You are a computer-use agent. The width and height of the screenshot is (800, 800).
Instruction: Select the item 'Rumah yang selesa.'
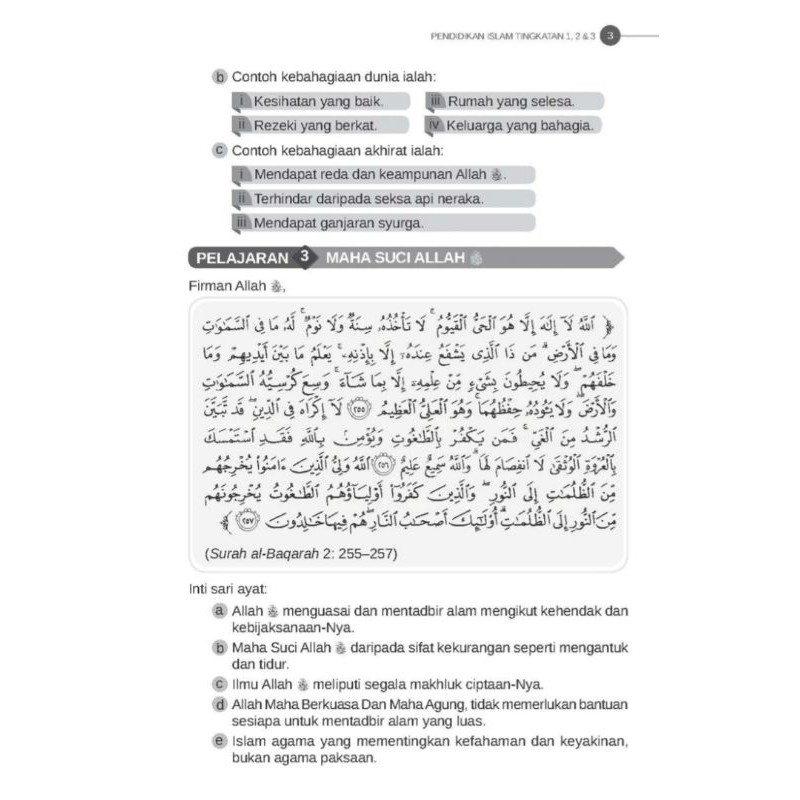click(x=510, y=101)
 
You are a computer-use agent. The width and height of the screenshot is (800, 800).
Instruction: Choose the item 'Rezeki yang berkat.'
click(x=315, y=125)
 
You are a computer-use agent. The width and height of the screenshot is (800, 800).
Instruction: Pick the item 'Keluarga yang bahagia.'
click(x=521, y=125)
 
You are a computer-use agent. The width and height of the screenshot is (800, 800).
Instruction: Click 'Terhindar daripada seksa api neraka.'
click(x=368, y=199)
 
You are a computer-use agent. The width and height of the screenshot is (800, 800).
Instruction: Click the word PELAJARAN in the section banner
click(x=241, y=257)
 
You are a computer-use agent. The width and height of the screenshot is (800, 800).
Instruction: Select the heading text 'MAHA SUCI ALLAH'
click(x=396, y=258)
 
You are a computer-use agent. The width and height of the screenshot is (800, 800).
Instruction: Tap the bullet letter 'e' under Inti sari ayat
click(x=219, y=741)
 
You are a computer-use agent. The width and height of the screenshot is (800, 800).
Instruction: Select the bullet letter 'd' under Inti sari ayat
click(x=219, y=704)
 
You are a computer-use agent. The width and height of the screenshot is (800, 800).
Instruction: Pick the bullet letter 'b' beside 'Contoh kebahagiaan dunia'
click(x=219, y=77)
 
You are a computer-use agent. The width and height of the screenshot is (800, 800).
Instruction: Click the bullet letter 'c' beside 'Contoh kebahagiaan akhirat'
click(x=219, y=151)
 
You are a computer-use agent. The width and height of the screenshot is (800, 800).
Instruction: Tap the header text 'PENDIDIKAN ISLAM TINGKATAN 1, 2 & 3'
click(x=509, y=38)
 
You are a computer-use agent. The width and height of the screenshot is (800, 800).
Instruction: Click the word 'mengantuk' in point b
click(x=595, y=647)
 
